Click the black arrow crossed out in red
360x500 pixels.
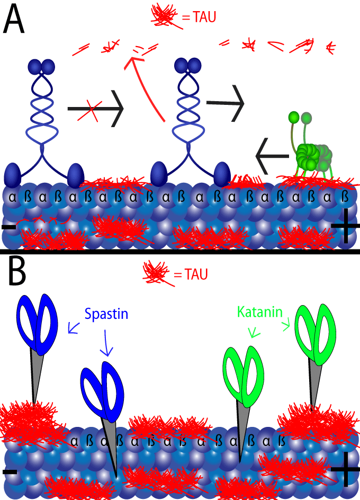[95, 109]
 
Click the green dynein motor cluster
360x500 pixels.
[312, 156]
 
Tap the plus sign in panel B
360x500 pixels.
[345, 469]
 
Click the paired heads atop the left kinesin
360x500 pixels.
[41, 66]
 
